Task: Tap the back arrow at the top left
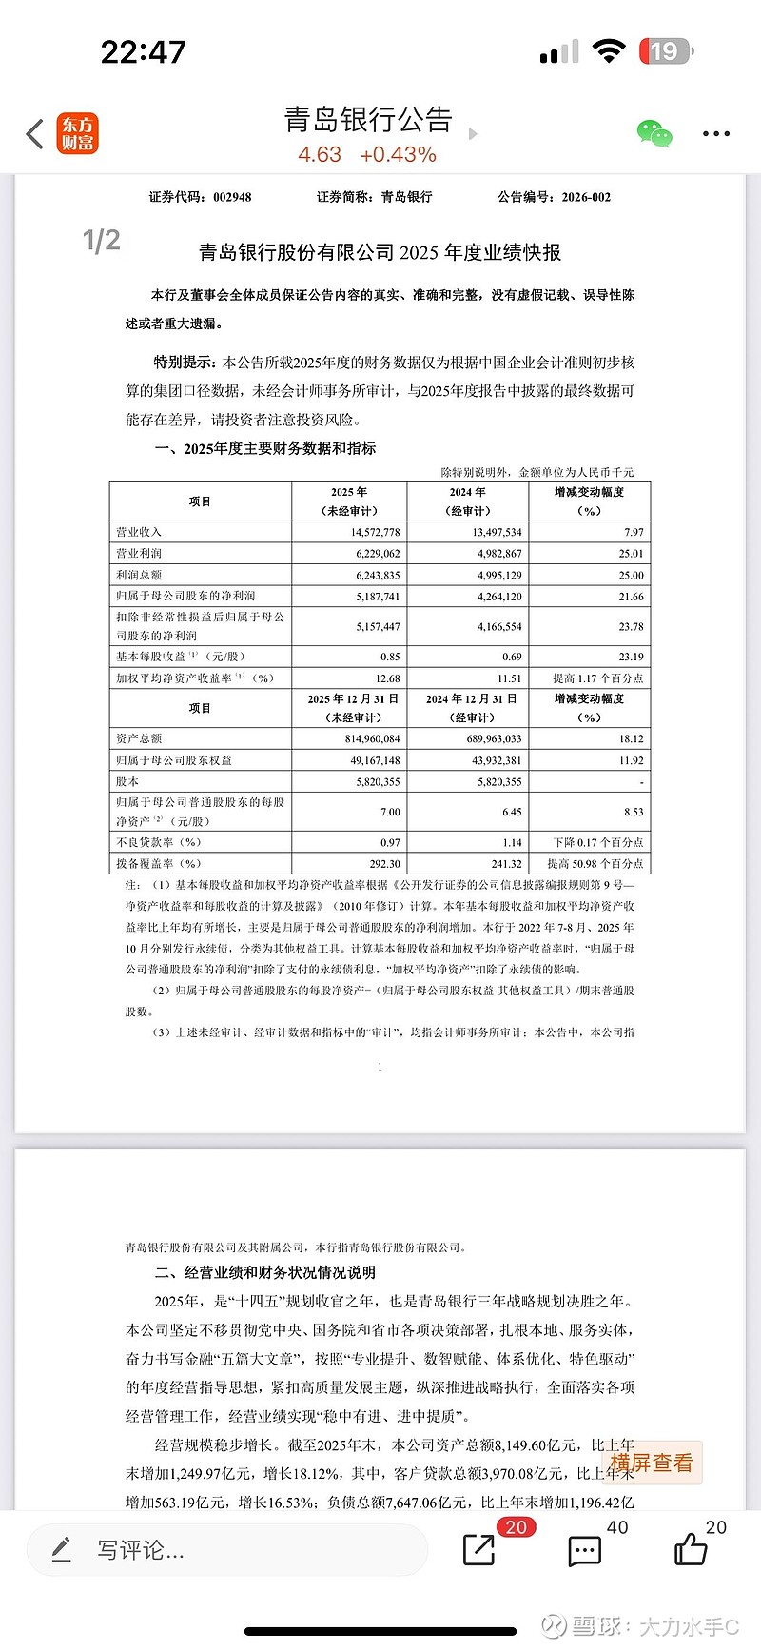[x=35, y=134]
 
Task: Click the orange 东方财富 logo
[x=78, y=134]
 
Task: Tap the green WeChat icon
[x=654, y=134]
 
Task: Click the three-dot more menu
[x=715, y=134]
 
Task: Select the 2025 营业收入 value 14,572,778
[x=376, y=532]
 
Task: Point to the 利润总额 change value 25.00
[x=631, y=575]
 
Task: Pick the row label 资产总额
[x=140, y=738]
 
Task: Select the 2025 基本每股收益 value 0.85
[x=389, y=657]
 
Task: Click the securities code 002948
[x=232, y=197]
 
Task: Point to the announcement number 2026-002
[x=586, y=197]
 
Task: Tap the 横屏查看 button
[x=652, y=1463]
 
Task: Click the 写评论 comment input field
[x=228, y=1550]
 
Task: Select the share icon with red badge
[x=479, y=1550]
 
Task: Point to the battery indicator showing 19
[x=665, y=50]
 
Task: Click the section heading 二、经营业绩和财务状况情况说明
[x=265, y=1272]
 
